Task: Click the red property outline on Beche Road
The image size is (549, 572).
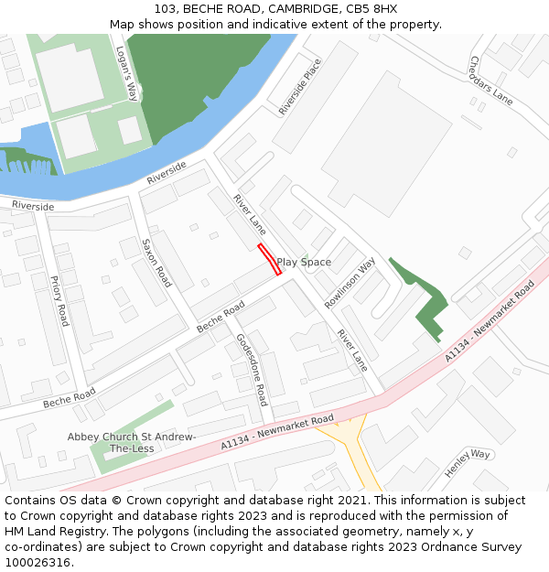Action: (x=269, y=259)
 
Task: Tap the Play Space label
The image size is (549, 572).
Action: (x=304, y=263)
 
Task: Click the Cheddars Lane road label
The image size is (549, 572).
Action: (x=491, y=80)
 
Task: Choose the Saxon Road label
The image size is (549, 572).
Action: (x=156, y=264)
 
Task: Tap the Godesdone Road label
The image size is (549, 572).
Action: (x=253, y=369)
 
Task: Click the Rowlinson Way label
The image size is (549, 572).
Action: (x=350, y=283)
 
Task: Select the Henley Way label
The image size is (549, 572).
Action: (x=468, y=463)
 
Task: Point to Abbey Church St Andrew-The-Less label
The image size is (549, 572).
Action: (x=132, y=443)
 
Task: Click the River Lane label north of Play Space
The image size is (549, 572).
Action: (x=249, y=214)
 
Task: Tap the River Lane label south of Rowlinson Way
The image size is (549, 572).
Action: (x=352, y=350)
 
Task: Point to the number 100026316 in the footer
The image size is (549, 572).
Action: (x=37, y=563)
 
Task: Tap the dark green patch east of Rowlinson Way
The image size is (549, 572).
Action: (x=425, y=297)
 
